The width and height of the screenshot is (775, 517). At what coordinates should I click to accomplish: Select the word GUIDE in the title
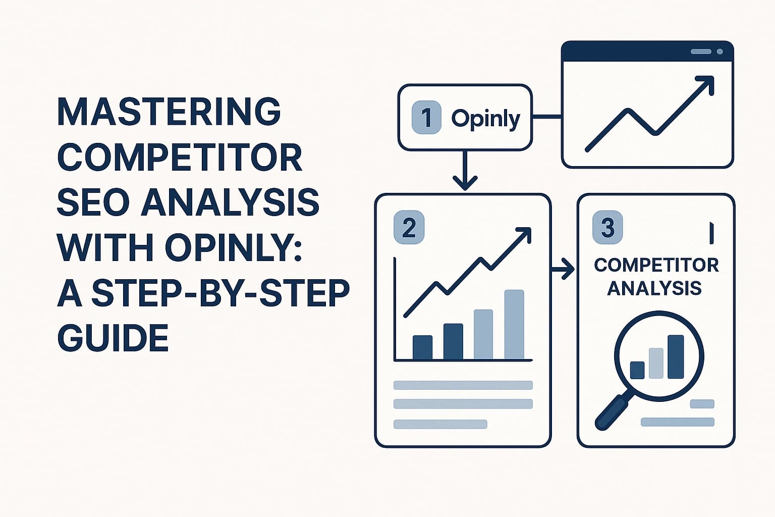pos(113,338)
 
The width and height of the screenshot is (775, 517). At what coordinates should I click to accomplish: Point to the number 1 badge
pos(426,117)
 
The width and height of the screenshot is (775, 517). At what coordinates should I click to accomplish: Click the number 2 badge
pos(409,228)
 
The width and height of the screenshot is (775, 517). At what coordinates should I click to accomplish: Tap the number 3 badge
pos(607,228)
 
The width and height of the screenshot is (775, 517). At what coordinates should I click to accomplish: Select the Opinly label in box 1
pos(485,119)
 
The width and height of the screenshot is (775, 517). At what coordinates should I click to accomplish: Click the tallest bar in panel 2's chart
pos(514,324)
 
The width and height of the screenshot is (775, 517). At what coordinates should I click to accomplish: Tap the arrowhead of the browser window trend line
pos(706,83)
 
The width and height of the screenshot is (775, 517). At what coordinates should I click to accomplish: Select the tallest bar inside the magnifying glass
pos(676,356)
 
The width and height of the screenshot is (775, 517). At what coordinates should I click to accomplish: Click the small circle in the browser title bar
pos(719,51)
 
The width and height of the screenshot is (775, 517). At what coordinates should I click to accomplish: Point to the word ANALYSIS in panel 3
pos(654,288)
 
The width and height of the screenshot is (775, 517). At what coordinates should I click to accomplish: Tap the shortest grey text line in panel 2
pos(440,424)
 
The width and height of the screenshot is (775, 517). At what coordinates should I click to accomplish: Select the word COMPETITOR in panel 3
pos(656,265)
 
